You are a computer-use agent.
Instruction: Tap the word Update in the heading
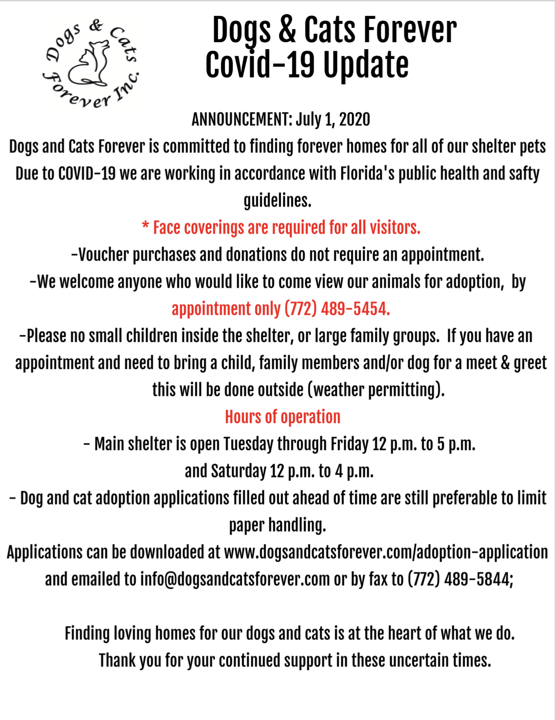366,65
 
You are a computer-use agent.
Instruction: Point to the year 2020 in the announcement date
355,119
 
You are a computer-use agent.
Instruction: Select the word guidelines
277,201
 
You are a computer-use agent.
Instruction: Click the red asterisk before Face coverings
145,226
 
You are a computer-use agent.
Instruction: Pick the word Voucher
104,255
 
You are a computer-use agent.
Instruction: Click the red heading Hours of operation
282,417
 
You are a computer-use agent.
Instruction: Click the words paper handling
277,525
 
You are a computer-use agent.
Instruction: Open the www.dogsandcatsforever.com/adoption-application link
386,552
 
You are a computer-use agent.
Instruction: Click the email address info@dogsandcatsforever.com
235,579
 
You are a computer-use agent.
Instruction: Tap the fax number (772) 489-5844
459,579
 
